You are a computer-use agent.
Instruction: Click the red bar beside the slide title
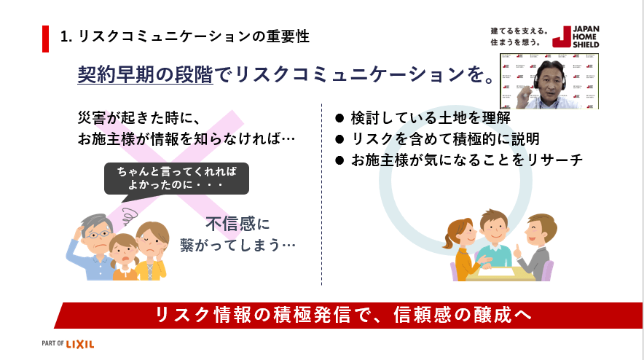coord(45,38)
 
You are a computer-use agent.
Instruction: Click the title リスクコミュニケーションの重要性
coord(186,36)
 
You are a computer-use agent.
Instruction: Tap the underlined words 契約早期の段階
coord(145,75)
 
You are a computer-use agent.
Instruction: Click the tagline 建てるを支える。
coord(518,32)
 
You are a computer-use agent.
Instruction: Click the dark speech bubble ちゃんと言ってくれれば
coord(176,179)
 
